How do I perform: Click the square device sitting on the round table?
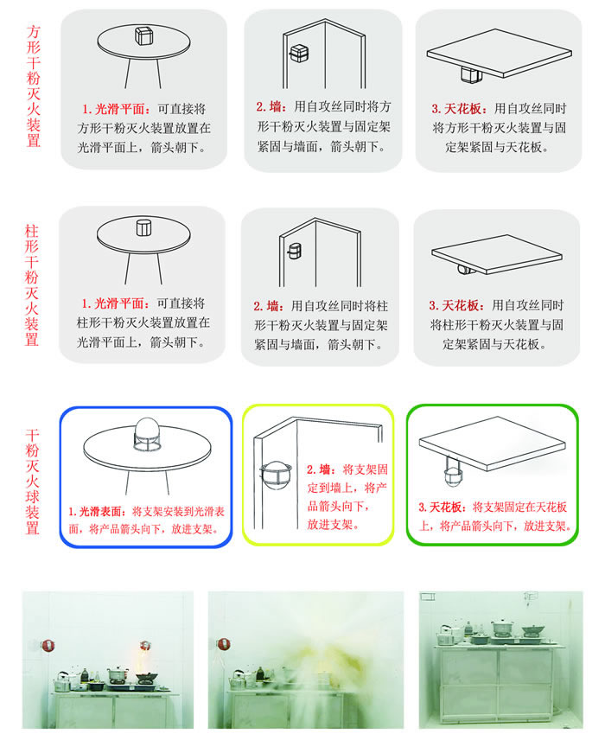[x=144, y=35]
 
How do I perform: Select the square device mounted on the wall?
[x=298, y=54]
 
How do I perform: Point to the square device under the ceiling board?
[x=471, y=74]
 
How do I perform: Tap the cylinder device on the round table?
[x=143, y=227]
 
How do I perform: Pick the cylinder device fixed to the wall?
[x=294, y=251]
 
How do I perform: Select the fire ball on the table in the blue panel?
[x=147, y=435]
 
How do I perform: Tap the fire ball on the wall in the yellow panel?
[x=276, y=475]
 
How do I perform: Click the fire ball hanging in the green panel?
[x=453, y=472]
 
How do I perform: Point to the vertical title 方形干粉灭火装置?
[x=33, y=86]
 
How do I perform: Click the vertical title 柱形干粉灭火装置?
[x=32, y=285]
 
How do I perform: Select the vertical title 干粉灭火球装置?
[x=32, y=482]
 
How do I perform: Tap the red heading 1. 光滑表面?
[x=98, y=511]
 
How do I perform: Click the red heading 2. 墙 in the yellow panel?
[x=321, y=469]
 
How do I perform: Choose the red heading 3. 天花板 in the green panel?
[x=443, y=507]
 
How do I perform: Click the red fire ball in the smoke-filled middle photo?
[x=223, y=645]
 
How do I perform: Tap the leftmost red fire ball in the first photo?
[x=48, y=646]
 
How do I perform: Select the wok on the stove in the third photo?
[x=533, y=629]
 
